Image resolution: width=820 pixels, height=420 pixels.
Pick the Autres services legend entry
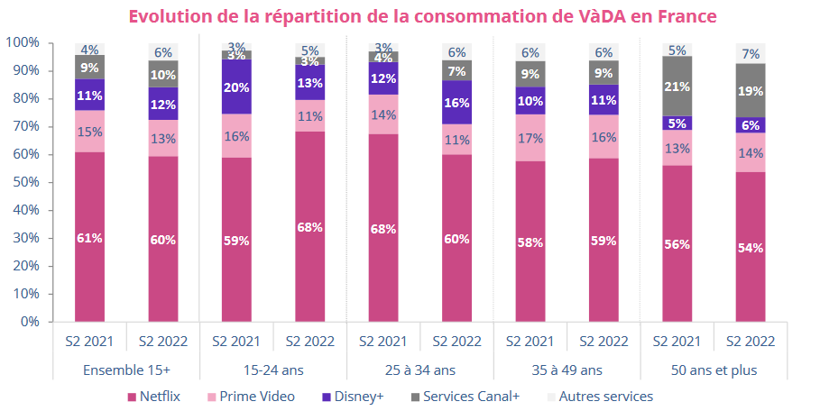click(x=605, y=397)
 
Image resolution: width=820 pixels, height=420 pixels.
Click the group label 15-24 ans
click(x=272, y=370)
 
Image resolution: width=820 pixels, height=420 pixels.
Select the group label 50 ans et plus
click(x=714, y=370)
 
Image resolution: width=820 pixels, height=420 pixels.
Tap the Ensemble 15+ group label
click(x=125, y=370)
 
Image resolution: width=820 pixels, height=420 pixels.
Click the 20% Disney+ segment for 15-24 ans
click(x=236, y=87)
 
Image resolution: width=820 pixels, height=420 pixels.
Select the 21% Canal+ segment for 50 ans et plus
click(x=677, y=87)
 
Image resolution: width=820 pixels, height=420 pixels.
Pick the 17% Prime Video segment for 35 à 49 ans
click(x=530, y=139)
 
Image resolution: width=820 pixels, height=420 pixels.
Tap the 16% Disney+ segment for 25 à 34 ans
click(x=456, y=103)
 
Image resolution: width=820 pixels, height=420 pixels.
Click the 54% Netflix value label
click(x=751, y=247)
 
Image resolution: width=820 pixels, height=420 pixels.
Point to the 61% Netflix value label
click(x=89, y=238)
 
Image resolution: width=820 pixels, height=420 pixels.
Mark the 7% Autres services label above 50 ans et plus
click(x=751, y=54)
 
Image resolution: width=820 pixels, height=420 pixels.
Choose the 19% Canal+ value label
click(x=751, y=91)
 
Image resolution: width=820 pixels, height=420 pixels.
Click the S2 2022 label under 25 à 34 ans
click(x=456, y=342)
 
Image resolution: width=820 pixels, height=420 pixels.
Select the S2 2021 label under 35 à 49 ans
click(x=530, y=342)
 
